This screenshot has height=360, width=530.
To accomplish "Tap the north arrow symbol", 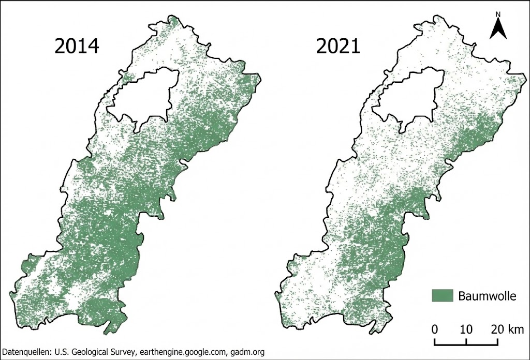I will [497, 28].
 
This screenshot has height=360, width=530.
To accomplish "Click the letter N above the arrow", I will [497, 14].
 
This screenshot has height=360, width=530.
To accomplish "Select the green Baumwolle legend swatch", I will [443, 295].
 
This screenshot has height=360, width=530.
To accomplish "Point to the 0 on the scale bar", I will [435, 329].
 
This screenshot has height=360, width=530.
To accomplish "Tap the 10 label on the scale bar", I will [466, 329].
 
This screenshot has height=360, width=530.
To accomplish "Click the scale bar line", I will [466, 342].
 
